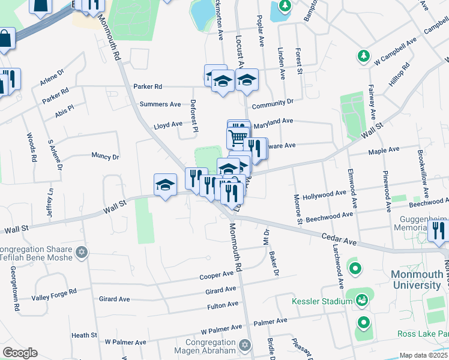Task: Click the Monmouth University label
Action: coord(417,280)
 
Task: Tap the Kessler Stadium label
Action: coord(322,301)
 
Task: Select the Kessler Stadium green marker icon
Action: coord(361,299)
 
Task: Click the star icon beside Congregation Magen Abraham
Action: coord(244,345)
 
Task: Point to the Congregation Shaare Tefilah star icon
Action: coord(83,251)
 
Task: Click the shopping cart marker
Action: coord(238,139)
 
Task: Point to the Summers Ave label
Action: coord(160,104)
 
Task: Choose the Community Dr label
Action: coord(273,104)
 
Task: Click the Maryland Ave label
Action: coord(273,122)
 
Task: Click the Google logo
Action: coord(20,353)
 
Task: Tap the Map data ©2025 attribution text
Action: coord(423,355)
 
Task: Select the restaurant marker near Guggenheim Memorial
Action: coord(439,230)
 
